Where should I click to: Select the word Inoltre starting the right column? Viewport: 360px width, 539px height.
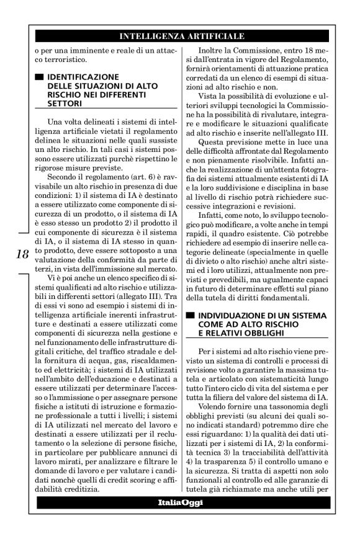pos(214,50)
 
